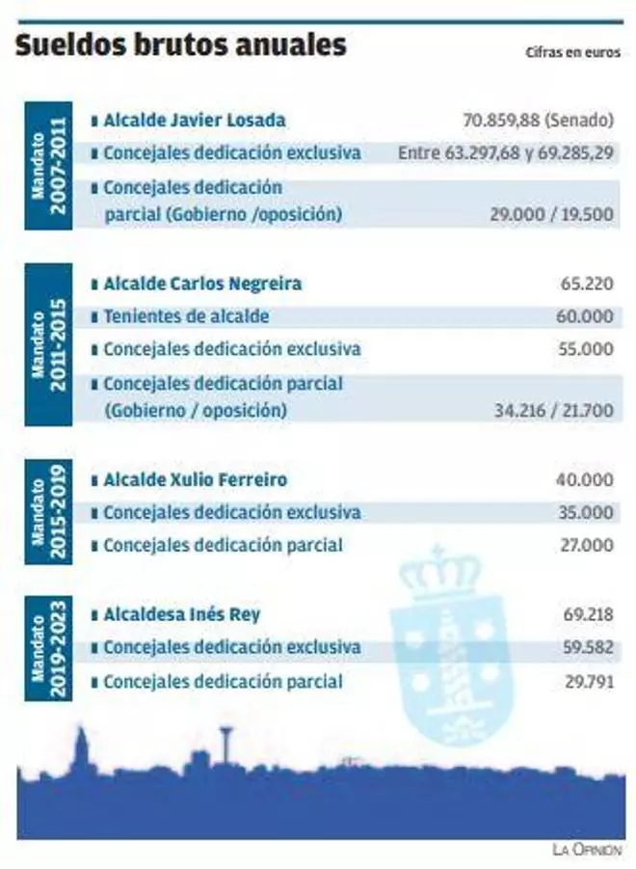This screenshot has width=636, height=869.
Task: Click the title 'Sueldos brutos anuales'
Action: [180, 45]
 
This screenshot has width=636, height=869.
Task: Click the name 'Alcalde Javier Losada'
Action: [194, 121]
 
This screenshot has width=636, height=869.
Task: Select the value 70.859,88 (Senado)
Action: [538, 121]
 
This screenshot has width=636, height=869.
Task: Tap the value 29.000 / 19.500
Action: [551, 215]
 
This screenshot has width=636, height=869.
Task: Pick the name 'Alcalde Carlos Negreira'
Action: [201, 284]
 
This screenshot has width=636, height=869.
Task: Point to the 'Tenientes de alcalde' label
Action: [186, 316]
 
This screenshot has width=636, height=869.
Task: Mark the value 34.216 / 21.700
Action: [553, 410]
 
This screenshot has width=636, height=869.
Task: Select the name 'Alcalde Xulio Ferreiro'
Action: [195, 479]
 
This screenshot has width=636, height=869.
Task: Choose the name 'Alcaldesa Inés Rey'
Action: [181, 614]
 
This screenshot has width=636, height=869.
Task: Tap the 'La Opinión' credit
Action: [587, 850]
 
